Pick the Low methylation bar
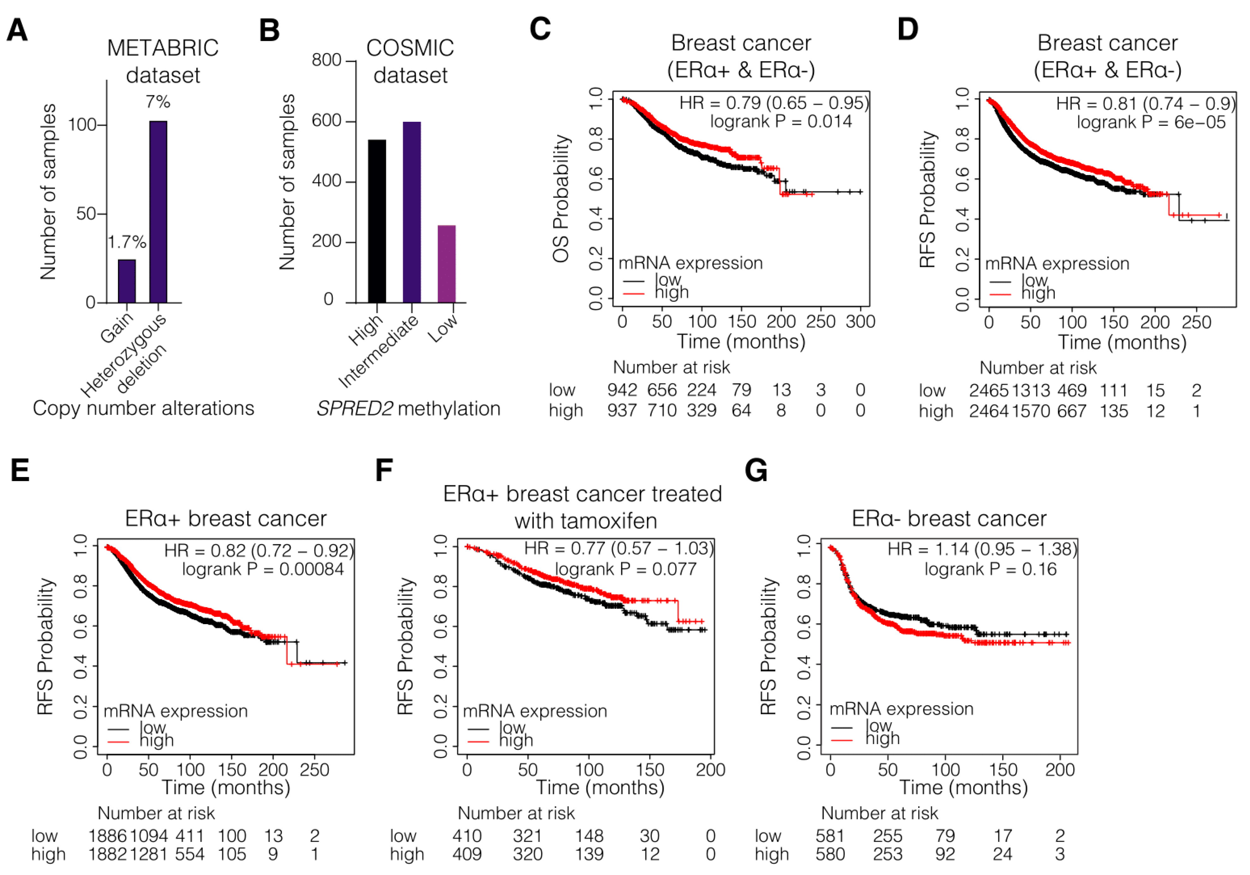click(446, 264)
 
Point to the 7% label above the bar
click(158, 102)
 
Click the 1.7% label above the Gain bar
click(127, 242)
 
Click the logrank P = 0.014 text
click(781, 121)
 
